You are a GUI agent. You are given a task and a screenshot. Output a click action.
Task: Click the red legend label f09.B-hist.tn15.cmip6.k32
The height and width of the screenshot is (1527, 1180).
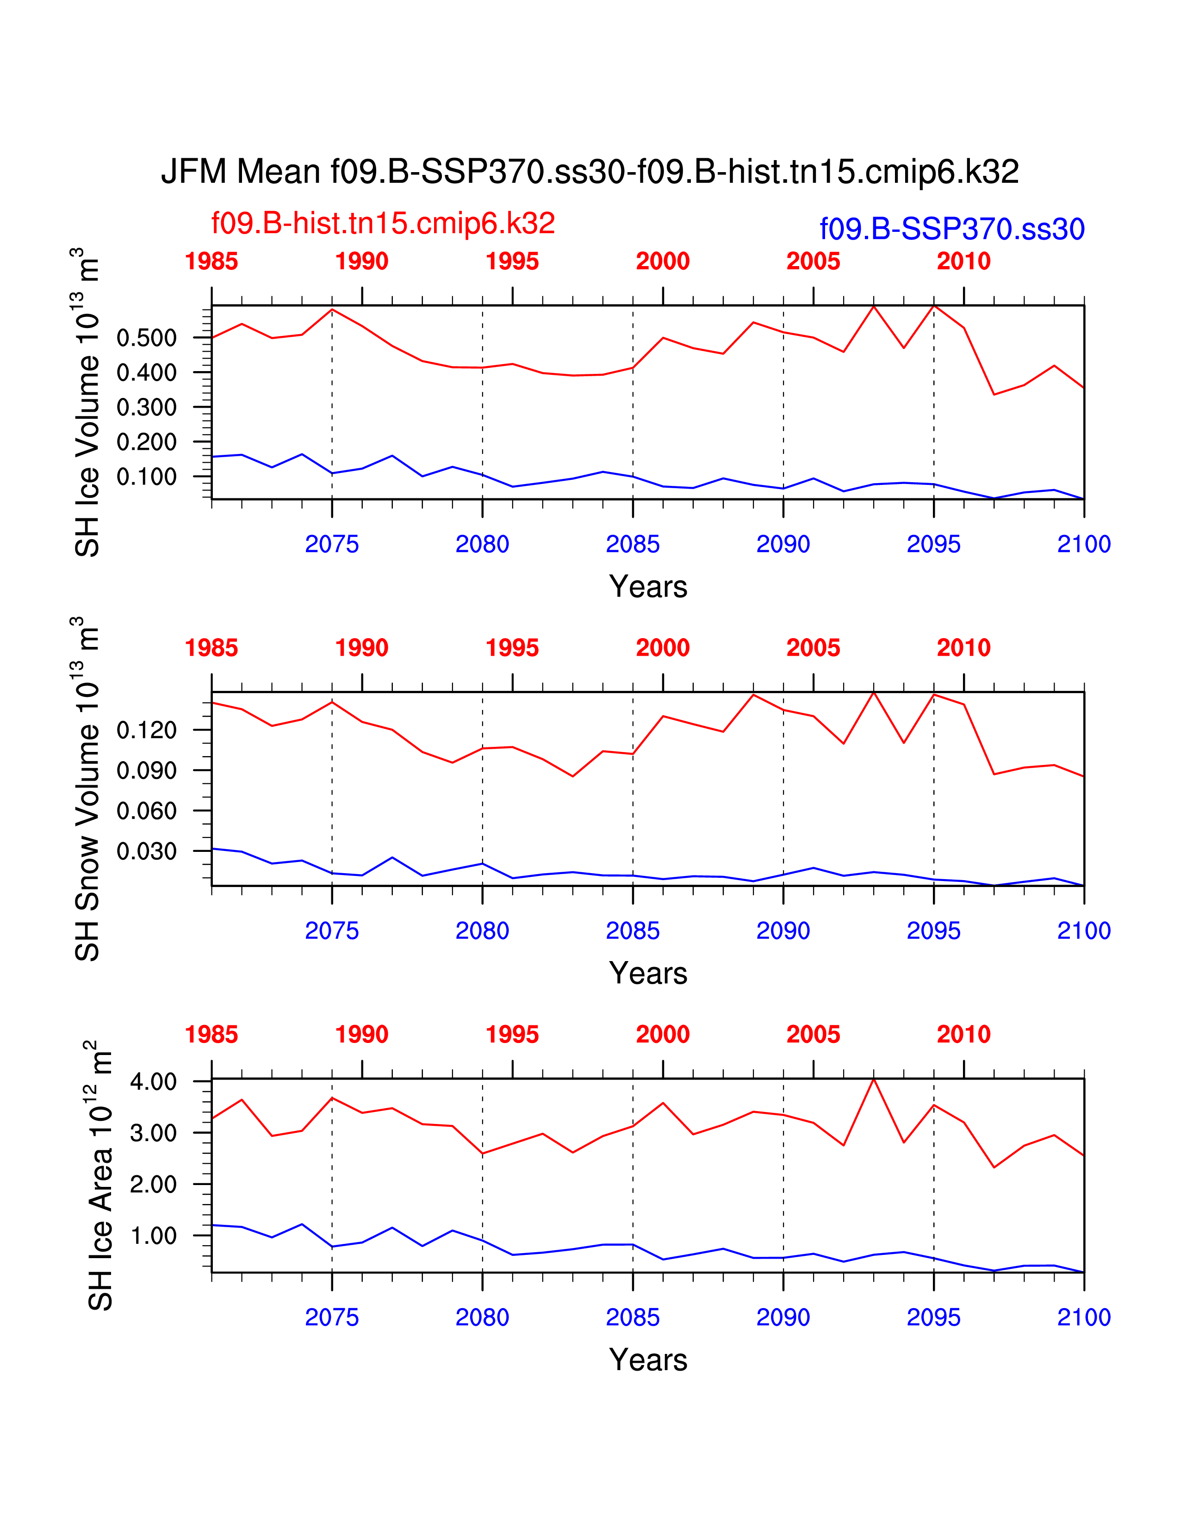[x=383, y=223]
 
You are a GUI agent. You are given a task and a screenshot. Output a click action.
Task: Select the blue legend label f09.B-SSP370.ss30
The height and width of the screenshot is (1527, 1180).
[x=952, y=229]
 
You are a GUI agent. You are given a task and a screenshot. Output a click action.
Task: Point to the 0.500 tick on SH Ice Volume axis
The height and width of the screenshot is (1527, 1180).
[x=147, y=338]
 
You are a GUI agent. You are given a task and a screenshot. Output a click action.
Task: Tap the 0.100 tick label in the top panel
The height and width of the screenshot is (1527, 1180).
[x=147, y=477]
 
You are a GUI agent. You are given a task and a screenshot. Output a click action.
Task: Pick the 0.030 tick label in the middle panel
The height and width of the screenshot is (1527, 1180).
[x=147, y=851]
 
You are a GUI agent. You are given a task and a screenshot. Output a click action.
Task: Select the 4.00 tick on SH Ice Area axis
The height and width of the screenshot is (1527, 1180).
[x=154, y=1082]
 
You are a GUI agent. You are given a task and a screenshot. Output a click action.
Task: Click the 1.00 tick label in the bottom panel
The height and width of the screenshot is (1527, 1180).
[x=154, y=1235]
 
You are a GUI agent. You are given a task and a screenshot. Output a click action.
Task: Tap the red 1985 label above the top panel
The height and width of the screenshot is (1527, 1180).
[x=211, y=261]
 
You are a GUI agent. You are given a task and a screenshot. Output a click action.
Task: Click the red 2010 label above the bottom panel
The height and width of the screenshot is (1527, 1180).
[x=964, y=1034]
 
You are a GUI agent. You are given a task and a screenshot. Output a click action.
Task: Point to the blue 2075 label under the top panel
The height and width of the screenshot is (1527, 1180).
[x=332, y=544]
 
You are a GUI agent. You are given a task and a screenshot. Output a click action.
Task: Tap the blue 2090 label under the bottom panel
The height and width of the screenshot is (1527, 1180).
[x=783, y=1317]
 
